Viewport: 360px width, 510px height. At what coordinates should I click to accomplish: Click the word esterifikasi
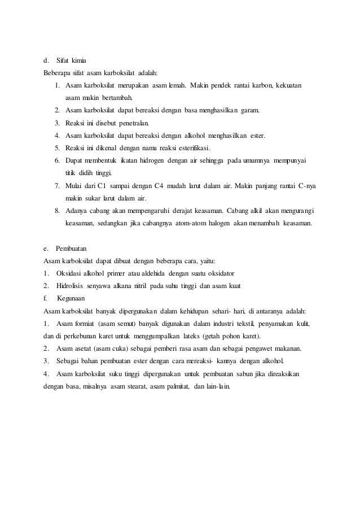pos(190,148)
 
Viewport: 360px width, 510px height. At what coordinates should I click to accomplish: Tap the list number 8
pos(58,211)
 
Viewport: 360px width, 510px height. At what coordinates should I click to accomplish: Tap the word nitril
pos(156,286)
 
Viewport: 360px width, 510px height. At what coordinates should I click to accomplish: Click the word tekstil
pos(245,324)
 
